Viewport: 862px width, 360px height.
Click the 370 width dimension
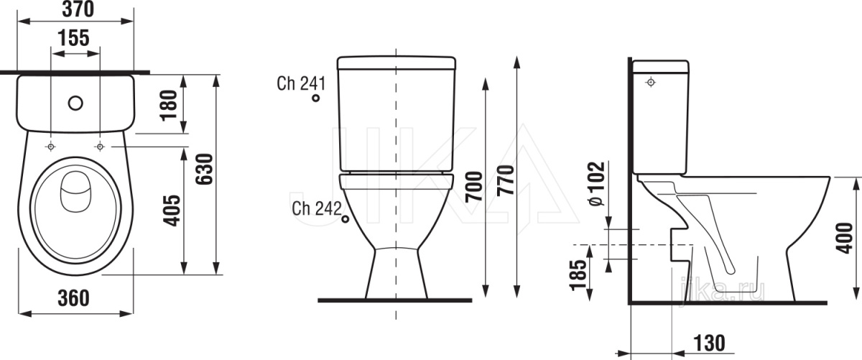[78, 9]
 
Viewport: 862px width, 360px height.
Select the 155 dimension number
[73, 38]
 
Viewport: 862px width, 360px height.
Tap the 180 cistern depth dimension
[169, 105]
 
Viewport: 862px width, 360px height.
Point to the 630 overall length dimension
[204, 169]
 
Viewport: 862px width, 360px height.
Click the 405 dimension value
[172, 211]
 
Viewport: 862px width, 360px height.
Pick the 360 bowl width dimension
[73, 298]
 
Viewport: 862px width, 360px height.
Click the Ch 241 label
[301, 83]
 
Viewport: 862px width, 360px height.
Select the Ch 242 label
[317, 208]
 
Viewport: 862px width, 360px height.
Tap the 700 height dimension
[473, 187]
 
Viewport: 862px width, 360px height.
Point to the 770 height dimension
[505, 180]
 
